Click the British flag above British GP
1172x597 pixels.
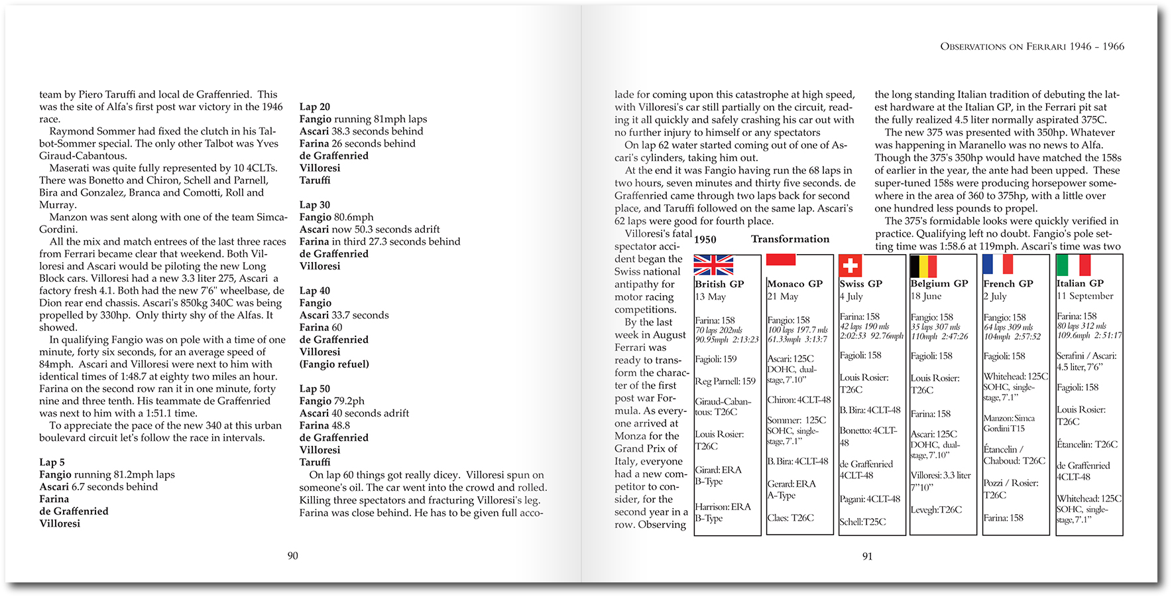[713, 265]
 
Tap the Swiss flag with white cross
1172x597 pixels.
[850, 266]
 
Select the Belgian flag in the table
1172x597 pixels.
[923, 266]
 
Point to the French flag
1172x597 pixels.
[998, 264]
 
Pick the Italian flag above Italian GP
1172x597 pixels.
[1073, 265]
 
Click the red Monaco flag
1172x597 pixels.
[781, 259]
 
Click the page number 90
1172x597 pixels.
[292, 556]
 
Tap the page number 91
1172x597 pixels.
[867, 557]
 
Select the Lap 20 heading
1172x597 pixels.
[314, 107]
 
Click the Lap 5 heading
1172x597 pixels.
[52, 462]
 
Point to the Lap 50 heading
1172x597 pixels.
[314, 389]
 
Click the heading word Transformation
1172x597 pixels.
[790, 239]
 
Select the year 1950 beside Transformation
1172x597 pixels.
[705, 239]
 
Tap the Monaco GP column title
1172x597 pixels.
[795, 284]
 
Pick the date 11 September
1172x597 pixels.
[1084, 296]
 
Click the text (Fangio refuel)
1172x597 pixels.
[334, 364]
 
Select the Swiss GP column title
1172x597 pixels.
[860, 284]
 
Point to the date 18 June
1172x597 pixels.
[926, 296]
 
